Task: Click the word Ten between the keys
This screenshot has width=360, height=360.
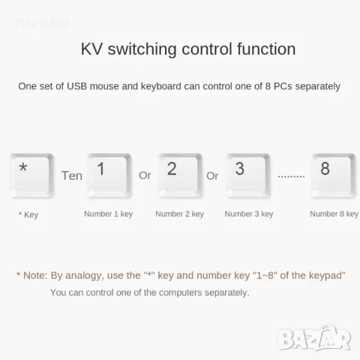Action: pyautogui.click(x=72, y=175)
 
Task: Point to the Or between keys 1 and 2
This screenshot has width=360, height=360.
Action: pyautogui.click(x=145, y=175)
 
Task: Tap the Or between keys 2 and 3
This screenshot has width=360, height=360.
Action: pyautogui.click(x=212, y=175)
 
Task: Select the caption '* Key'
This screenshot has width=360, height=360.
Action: pyautogui.click(x=28, y=215)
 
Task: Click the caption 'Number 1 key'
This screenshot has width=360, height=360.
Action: pyautogui.click(x=108, y=214)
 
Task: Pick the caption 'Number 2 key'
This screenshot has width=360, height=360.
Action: pyautogui.click(x=179, y=214)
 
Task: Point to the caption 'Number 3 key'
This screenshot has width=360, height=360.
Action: pyautogui.click(x=249, y=214)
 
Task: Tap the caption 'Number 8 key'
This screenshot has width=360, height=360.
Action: pyautogui.click(x=334, y=214)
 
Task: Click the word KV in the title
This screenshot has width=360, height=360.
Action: pyautogui.click(x=92, y=49)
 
